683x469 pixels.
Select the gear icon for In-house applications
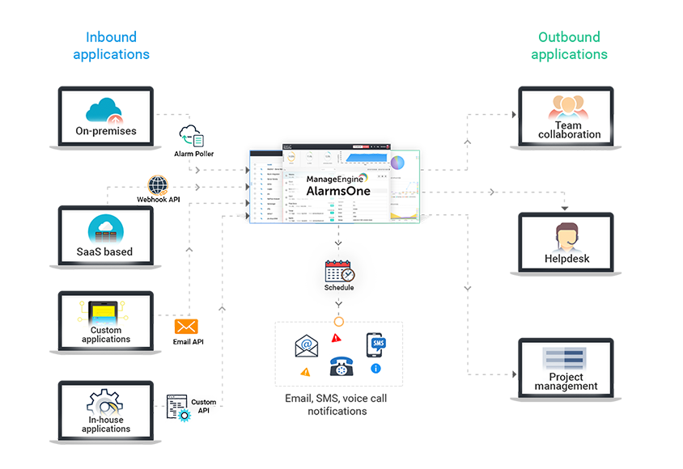coord(106,401)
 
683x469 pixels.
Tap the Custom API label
coord(203,406)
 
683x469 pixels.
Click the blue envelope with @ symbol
coord(305,346)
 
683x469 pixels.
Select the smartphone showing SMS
coord(376,344)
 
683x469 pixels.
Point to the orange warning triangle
coord(305,372)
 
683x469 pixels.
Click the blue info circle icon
coord(375,369)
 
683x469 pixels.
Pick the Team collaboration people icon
coord(566,108)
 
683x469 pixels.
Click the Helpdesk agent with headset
coord(566,237)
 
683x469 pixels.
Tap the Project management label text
coord(566,382)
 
